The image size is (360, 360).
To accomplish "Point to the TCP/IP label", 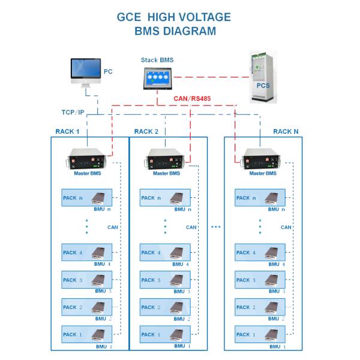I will pyautogui.click(x=74, y=112).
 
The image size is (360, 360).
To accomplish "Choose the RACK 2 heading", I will pyautogui.click(x=146, y=131).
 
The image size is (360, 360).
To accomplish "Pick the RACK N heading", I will pyautogui.click(x=286, y=131).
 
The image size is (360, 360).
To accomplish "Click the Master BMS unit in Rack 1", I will pyautogui.click(x=89, y=160).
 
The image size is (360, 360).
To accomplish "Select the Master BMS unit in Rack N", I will pyautogui.click(x=261, y=160).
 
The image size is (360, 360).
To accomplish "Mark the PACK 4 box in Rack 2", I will pyautogui.click(x=165, y=252).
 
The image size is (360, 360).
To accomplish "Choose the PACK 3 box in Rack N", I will pyautogui.click(x=260, y=280).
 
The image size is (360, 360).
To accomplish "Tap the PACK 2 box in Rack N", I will pyautogui.click(x=260, y=307).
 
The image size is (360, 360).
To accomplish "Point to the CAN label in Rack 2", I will pyautogui.click(x=191, y=227).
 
